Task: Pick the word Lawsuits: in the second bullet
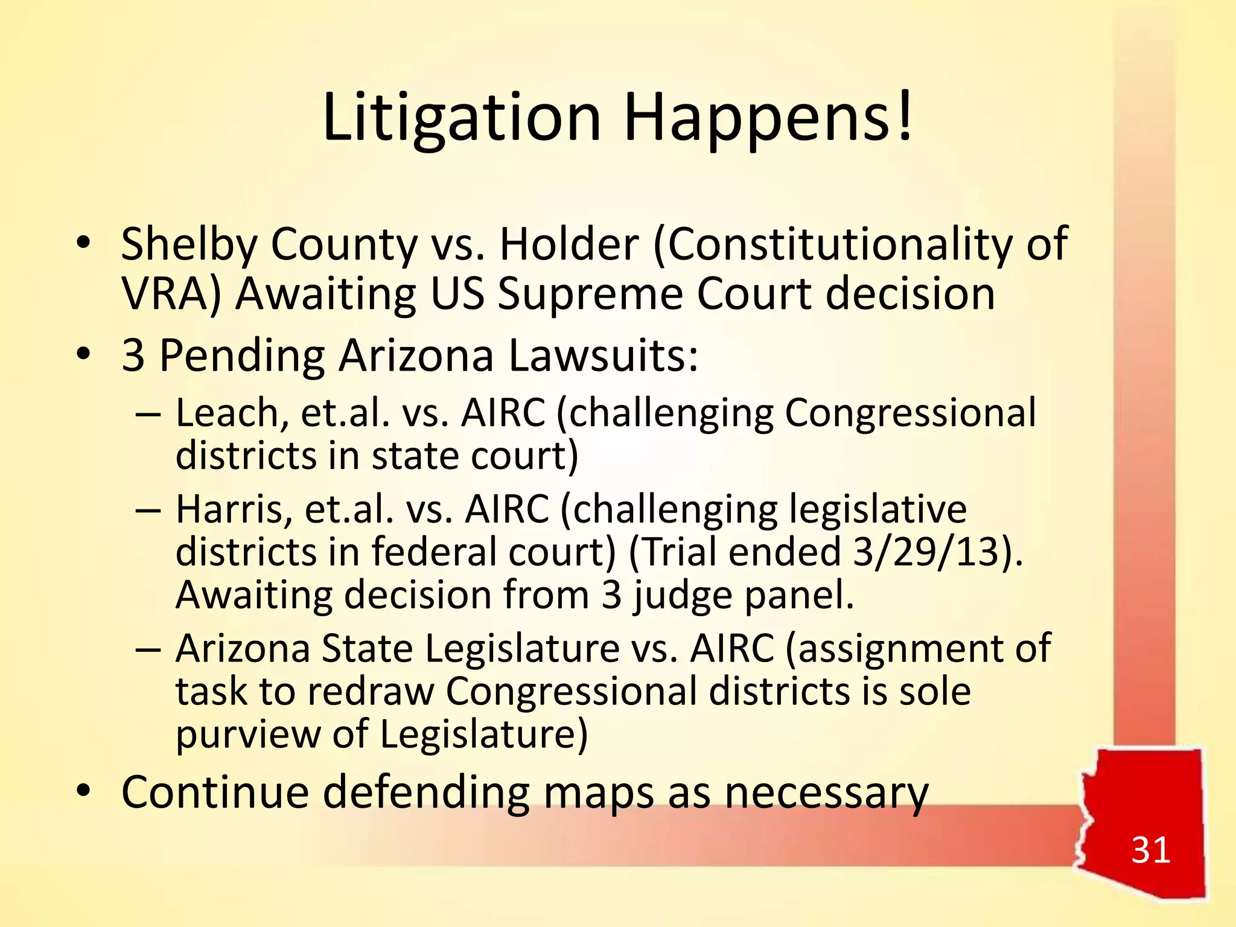coord(604,355)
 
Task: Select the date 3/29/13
coord(933,552)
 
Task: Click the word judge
coord(683,596)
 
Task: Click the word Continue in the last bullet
coord(215,792)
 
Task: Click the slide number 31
coord(1150,850)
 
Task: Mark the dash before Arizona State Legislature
coord(148,649)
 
